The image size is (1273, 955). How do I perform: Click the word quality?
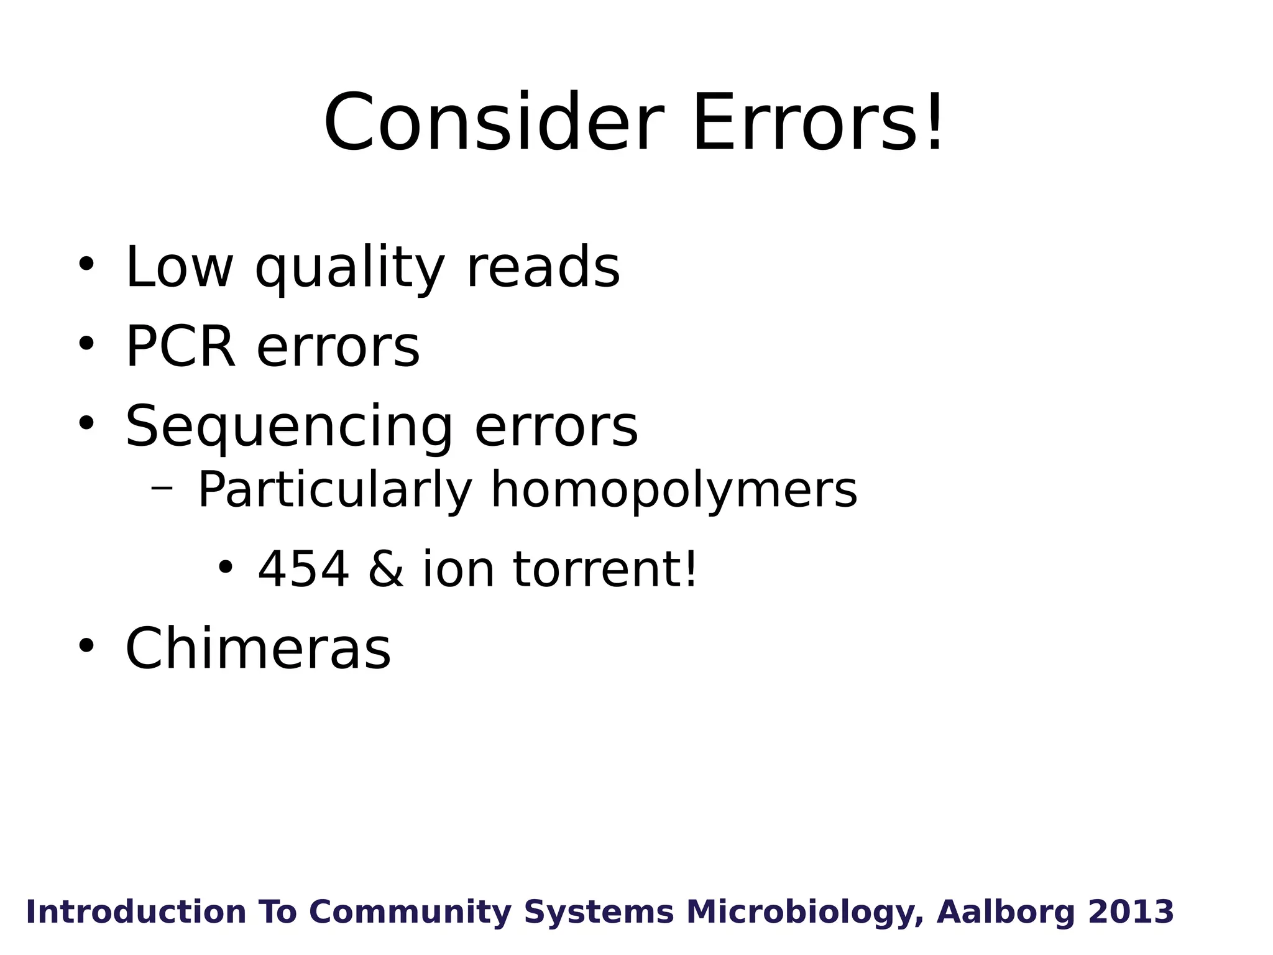pyautogui.click(x=350, y=269)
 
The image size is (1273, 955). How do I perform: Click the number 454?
pyautogui.click(x=303, y=570)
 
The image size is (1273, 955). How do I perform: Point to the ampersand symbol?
pyautogui.click(x=385, y=570)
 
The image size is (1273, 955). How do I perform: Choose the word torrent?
pyautogui.click(x=605, y=570)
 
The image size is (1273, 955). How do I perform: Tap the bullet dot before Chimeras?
pyautogui.click(x=86, y=645)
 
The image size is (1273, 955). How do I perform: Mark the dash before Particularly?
pyautogui.click(x=162, y=487)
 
